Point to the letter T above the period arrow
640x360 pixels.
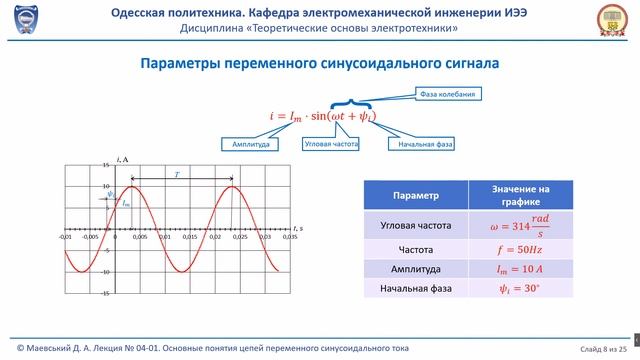click(177, 175)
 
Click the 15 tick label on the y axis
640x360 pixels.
click(106, 164)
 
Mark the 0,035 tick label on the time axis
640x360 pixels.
click(291, 238)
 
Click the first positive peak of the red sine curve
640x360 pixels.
click(133, 186)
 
